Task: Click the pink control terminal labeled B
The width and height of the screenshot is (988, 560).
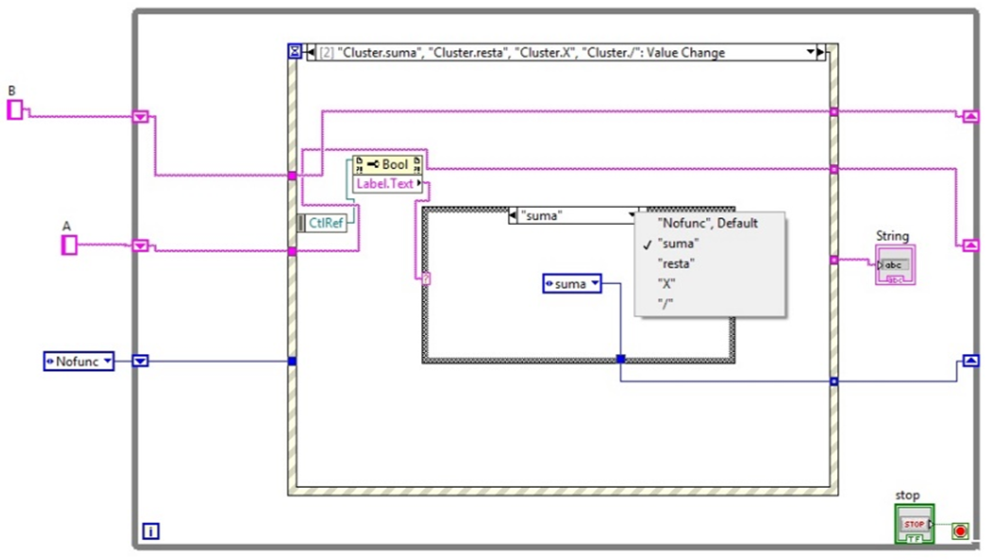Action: (x=14, y=110)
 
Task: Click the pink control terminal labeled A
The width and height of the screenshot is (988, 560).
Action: (x=68, y=246)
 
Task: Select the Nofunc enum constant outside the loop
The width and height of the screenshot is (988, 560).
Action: (x=79, y=361)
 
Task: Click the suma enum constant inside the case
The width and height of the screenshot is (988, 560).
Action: (x=572, y=283)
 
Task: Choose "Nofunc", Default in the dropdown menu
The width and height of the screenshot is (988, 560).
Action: (x=707, y=223)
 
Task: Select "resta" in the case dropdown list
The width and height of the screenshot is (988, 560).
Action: (x=676, y=263)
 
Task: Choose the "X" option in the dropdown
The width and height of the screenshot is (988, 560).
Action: (x=666, y=283)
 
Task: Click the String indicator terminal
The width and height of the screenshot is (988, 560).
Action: (x=895, y=265)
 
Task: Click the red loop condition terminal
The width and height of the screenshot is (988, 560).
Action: (x=960, y=531)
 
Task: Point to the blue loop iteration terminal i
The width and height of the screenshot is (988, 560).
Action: (x=149, y=532)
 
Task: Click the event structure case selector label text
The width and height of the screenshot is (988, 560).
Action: (x=560, y=53)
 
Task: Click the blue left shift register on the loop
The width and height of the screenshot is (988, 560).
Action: (x=140, y=361)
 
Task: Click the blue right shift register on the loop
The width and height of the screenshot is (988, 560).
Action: (x=970, y=361)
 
